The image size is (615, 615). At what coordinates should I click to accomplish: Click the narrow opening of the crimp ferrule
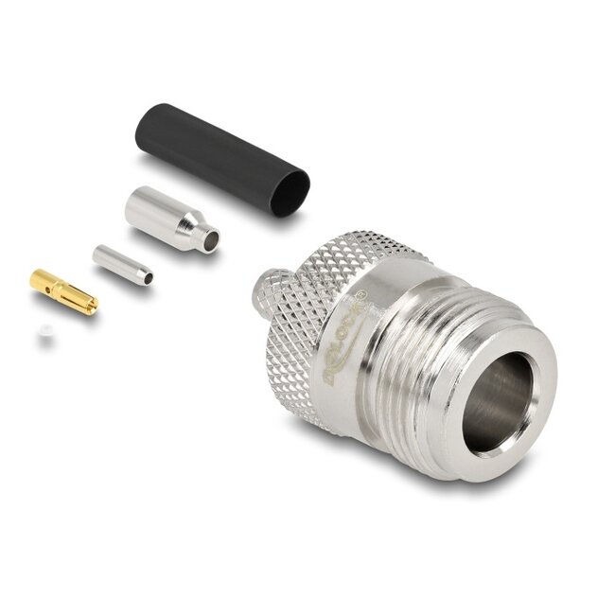[210, 241]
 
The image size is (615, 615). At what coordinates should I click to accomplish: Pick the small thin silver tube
[121, 264]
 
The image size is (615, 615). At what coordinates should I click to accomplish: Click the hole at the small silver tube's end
[147, 277]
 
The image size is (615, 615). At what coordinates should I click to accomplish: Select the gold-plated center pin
[62, 290]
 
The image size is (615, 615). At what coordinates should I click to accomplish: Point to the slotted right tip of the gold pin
[89, 304]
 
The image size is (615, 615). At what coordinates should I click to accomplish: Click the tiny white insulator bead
[44, 334]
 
